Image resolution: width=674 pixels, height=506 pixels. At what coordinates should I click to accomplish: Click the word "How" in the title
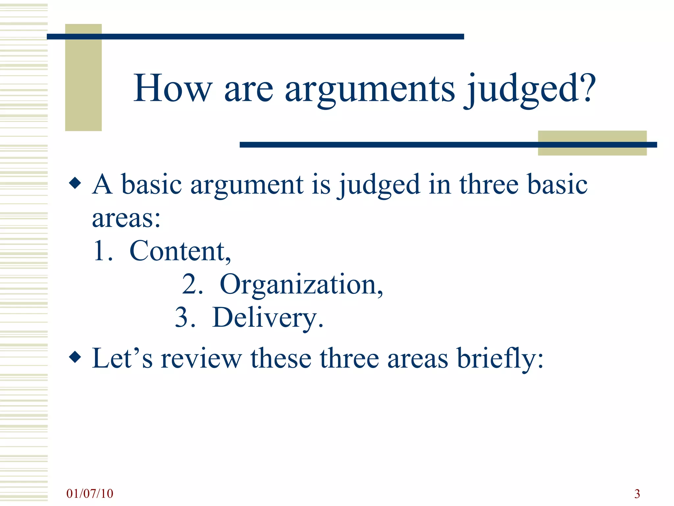(x=172, y=88)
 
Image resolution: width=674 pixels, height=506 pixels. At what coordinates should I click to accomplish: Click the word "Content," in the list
(x=180, y=251)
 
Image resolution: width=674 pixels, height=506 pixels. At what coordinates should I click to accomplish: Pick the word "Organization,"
(x=301, y=285)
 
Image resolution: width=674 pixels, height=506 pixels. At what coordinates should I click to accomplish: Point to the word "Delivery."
(x=268, y=318)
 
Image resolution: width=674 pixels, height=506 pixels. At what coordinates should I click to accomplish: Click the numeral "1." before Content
(x=103, y=251)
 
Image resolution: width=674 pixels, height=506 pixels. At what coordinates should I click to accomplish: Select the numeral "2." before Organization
(x=193, y=285)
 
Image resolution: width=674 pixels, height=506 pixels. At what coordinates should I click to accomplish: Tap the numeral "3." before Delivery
(x=185, y=318)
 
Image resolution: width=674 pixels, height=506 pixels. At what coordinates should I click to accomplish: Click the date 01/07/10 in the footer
(x=90, y=493)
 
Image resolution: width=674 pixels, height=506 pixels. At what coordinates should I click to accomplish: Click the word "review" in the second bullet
(x=201, y=358)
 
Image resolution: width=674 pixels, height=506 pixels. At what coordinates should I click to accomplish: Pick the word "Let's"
(x=122, y=358)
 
